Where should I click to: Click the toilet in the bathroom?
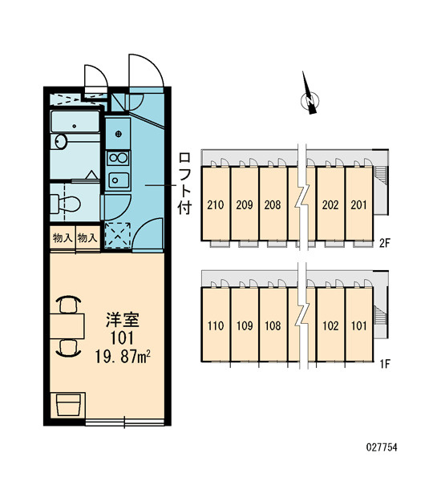[x=66, y=203]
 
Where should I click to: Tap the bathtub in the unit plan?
[x=75, y=122]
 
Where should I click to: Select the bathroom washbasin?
[x=61, y=141]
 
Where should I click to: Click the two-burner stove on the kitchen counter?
[x=118, y=158]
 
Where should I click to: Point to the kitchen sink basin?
[x=119, y=180]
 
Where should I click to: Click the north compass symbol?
[x=310, y=97]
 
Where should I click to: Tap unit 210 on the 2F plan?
[x=216, y=204]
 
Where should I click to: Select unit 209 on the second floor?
[x=245, y=204]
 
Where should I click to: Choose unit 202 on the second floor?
[x=330, y=204]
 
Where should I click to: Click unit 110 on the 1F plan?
[x=216, y=325]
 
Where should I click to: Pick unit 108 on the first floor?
[x=273, y=325]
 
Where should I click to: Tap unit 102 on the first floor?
[x=330, y=325]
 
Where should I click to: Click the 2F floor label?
[x=384, y=243]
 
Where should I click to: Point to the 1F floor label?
[x=384, y=364]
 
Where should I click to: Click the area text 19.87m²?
[x=123, y=357]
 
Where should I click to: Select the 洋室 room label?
[x=123, y=320]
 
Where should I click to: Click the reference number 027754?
[x=382, y=447]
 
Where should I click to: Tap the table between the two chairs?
[x=67, y=325]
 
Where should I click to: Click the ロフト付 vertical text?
[x=184, y=184]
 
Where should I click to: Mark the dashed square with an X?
[x=118, y=235]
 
